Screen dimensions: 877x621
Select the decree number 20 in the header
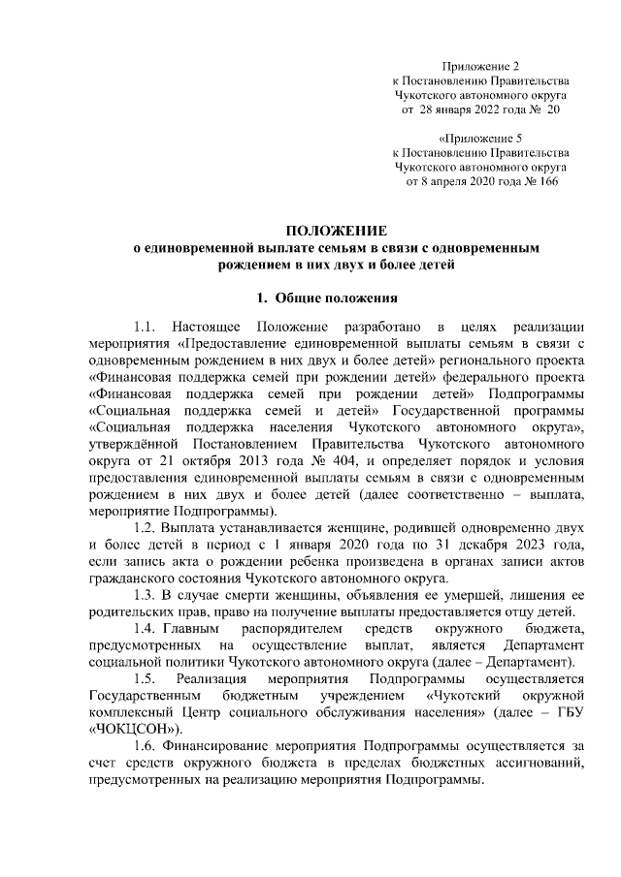pos(553,110)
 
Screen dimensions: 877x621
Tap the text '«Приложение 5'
pos(480,138)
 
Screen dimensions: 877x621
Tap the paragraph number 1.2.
pos(148,528)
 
